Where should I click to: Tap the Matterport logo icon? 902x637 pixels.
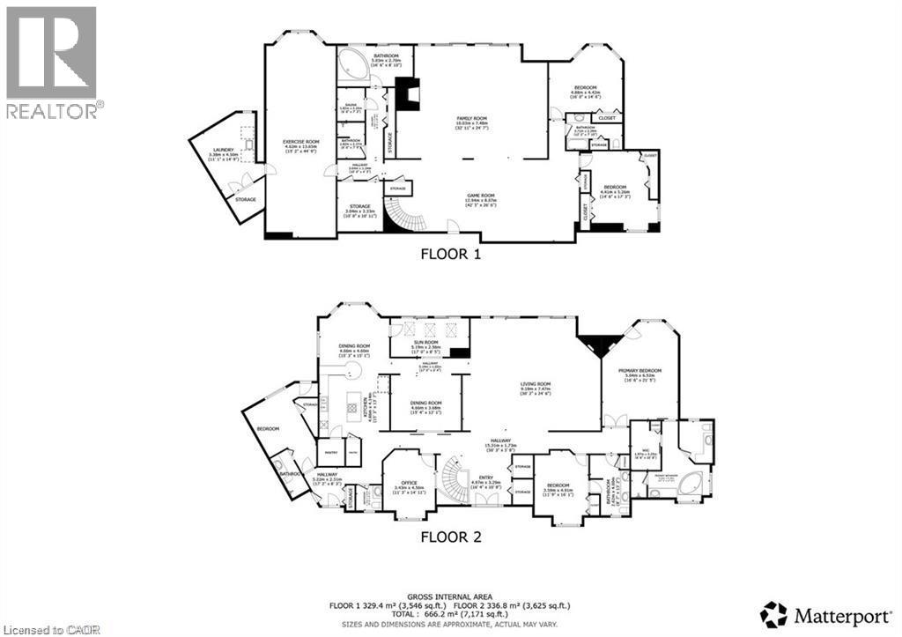coord(773,613)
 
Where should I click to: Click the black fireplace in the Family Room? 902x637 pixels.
coord(406,93)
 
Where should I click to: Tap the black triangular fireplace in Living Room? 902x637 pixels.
coord(600,344)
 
